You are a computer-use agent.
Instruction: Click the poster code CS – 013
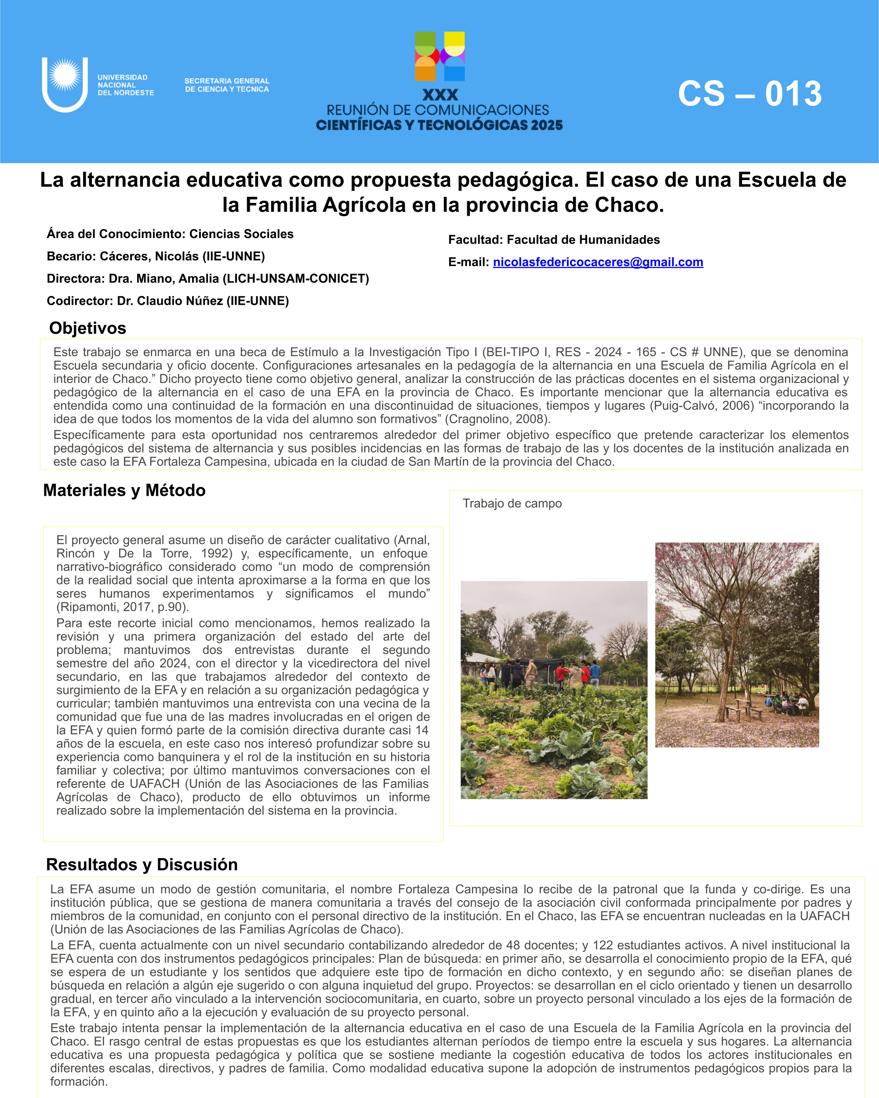(750, 94)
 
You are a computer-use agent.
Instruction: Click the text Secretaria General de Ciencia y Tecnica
(227, 85)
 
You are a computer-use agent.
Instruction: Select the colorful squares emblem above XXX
(440, 57)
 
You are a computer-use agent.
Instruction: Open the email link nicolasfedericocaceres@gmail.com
(598, 262)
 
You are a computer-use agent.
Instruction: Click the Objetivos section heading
(87, 328)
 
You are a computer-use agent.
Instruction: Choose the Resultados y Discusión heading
(142, 865)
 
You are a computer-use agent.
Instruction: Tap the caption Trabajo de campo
(512, 503)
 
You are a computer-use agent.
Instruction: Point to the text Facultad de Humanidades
(583, 240)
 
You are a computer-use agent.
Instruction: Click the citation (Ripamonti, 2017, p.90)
(123, 607)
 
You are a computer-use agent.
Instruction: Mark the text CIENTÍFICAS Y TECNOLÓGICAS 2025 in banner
(439, 125)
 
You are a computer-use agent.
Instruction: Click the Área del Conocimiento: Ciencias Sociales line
(170, 234)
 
